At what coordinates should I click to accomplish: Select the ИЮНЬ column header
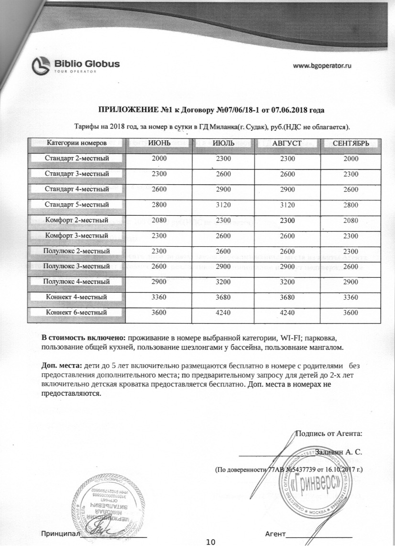(158, 143)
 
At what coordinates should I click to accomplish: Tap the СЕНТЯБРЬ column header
(351, 143)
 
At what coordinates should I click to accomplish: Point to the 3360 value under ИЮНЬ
(158, 297)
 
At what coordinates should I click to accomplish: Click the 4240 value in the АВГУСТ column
(288, 313)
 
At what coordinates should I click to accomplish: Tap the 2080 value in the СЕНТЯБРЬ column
(351, 221)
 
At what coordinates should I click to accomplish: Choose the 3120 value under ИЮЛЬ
(223, 205)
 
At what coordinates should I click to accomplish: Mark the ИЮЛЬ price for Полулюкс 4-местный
(223, 282)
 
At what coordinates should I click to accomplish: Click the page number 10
(211, 542)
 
